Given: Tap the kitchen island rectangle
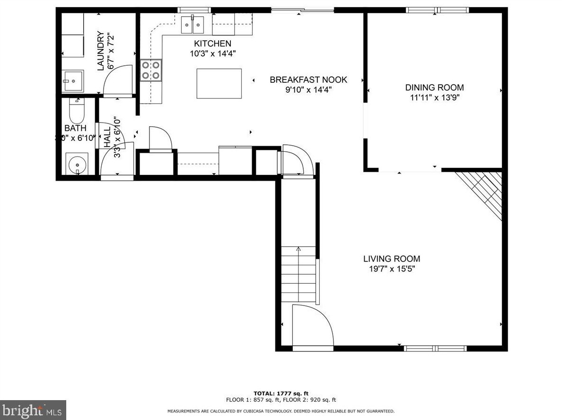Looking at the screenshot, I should coord(219,84).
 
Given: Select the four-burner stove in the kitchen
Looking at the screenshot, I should coord(151,70).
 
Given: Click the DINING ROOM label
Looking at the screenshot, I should coord(434,87).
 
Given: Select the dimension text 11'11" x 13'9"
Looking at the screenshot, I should coord(434,98).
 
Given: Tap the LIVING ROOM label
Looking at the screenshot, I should coord(391,259).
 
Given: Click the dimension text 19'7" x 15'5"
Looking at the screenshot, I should coord(391,269).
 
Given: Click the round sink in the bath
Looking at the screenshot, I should coord(76,165).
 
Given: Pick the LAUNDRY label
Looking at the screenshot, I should coord(100,51).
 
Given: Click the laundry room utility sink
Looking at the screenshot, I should coord(72,81).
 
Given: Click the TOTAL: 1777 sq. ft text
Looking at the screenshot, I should coord(281,393).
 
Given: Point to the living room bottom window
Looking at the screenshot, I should coord(435,349).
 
